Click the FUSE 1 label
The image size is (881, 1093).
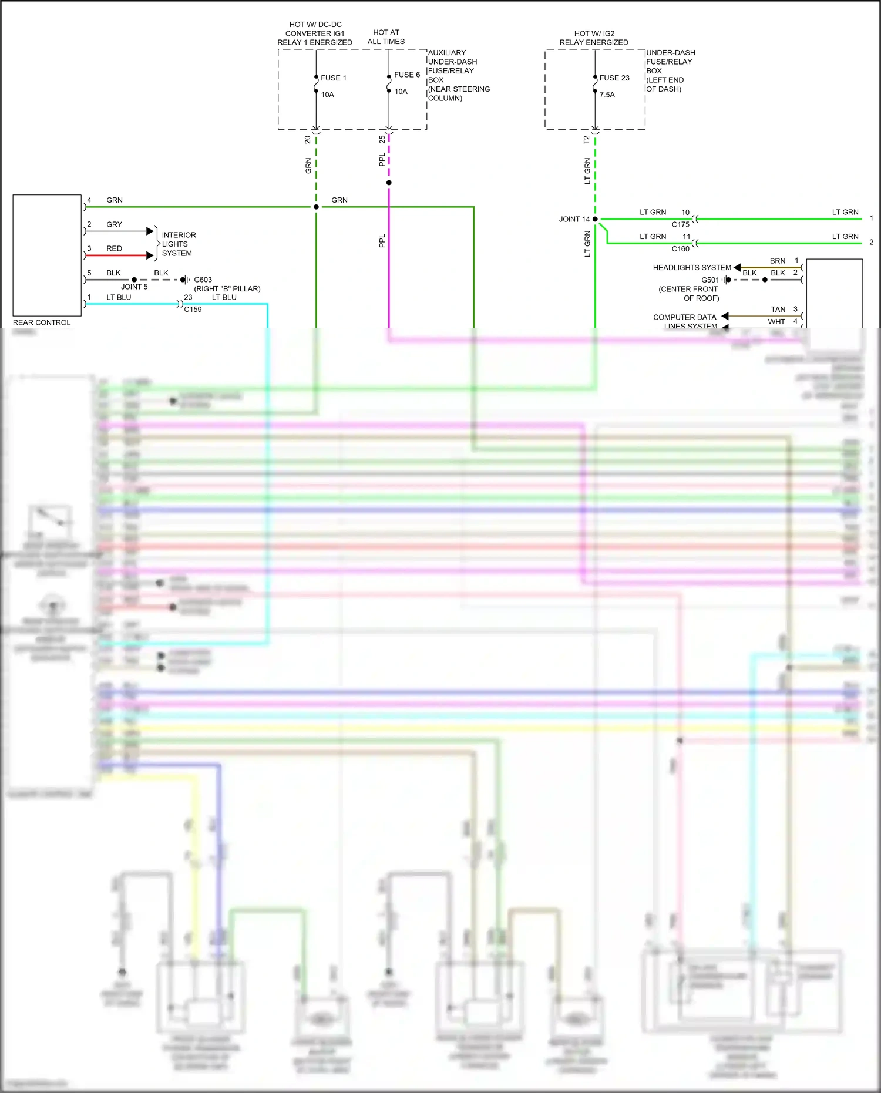click(x=333, y=78)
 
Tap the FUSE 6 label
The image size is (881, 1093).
click(x=406, y=75)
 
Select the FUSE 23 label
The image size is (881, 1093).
click(x=614, y=78)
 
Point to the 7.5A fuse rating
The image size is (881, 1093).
click(x=607, y=95)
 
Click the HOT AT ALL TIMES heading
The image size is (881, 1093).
click(x=386, y=37)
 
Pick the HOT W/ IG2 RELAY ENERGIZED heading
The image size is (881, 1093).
click(x=594, y=38)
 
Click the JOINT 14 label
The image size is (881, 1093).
click(x=574, y=219)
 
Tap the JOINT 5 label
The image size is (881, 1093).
click(x=134, y=287)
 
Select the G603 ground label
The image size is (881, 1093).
click(x=203, y=280)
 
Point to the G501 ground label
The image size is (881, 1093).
click(x=709, y=280)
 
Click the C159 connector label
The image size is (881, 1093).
click(x=193, y=310)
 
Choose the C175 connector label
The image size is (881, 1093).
click(x=680, y=224)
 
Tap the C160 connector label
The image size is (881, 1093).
click(x=680, y=249)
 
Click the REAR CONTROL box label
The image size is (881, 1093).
click(x=41, y=322)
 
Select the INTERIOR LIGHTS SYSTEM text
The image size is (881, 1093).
click(x=179, y=244)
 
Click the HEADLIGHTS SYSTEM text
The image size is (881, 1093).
click(x=692, y=268)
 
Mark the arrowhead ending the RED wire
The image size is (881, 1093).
click(x=150, y=255)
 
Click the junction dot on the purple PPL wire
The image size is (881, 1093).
click(x=389, y=183)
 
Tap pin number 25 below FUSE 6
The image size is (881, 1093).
click(x=382, y=140)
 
